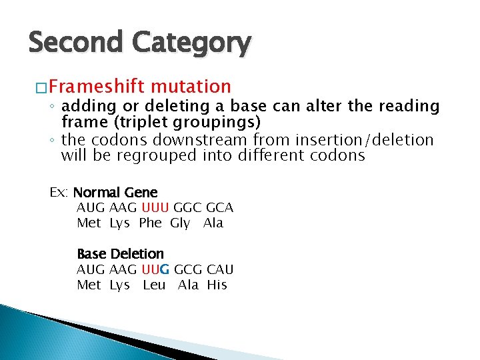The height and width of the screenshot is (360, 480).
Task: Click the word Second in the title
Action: click(x=75, y=43)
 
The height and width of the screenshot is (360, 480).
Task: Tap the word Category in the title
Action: click(x=191, y=44)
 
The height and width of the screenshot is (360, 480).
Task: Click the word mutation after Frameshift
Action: click(x=191, y=87)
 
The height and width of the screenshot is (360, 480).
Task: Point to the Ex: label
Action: click(x=59, y=193)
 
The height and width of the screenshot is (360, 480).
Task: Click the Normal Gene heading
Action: click(x=115, y=193)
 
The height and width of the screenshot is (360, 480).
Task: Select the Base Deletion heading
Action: click(x=120, y=254)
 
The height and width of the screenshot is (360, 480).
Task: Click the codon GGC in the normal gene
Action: click(x=187, y=207)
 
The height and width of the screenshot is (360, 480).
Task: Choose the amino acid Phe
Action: click(x=150, y=223)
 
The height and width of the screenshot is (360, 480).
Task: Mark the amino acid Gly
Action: click(x=180, y=223)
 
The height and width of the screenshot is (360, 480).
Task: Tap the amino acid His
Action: click(x=217, y=285)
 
